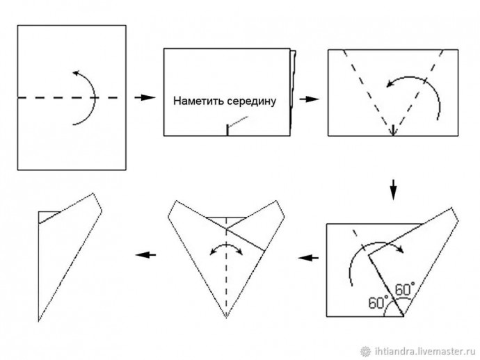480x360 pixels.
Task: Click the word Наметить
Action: tap(199, 101)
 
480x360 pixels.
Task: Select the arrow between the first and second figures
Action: tap(144, 97)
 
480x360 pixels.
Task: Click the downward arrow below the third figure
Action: tap(393, 188)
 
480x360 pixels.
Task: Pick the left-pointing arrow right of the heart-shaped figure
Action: tap(308, 258)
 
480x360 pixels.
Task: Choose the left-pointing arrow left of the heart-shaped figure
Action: tap(145, 254)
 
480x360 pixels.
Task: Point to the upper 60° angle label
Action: tap(405, 287)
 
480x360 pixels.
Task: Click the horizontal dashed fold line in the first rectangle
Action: tap(42, 98)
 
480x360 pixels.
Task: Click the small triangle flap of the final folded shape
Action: tap(47, 216)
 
